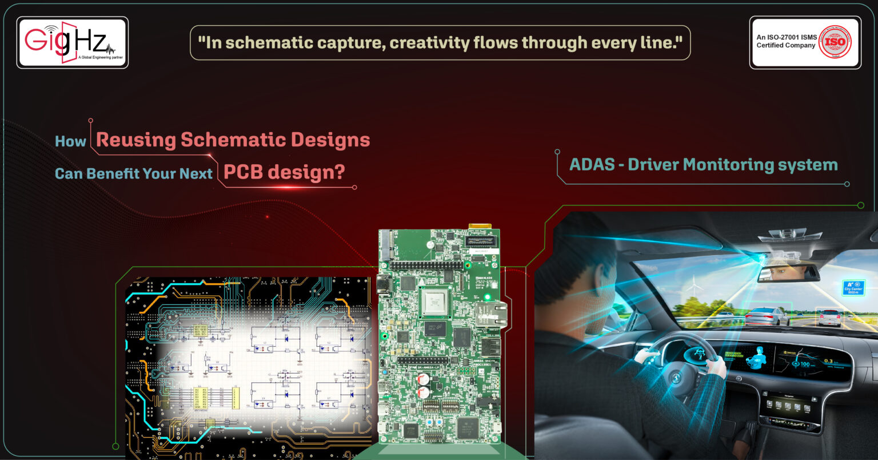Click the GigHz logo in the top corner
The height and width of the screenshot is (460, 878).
[72, 42]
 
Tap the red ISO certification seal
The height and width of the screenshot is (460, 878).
[835, 42]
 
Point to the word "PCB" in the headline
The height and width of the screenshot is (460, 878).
[244, 172]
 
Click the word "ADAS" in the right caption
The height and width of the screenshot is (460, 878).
[592, 165]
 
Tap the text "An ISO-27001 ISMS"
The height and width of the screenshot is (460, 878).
[787, 37]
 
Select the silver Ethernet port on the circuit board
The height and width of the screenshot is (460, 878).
[490, 314]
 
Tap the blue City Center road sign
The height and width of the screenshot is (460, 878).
[853, 287]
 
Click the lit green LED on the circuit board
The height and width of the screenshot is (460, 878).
[487, 297]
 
